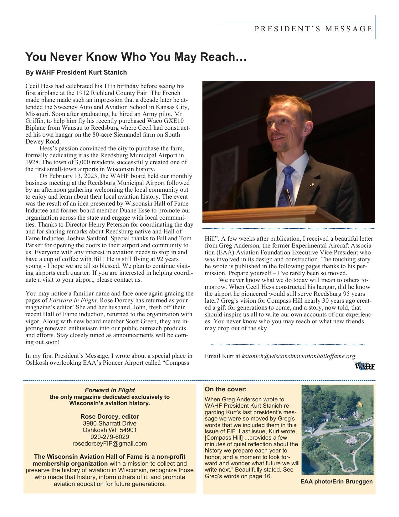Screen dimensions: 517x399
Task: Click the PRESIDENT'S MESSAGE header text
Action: pos(313,29)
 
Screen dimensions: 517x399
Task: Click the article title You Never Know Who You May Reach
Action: pos(136,57)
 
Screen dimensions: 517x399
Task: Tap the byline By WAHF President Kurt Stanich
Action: pos(76,73)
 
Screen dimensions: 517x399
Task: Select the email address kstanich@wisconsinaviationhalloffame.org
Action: pos(299,356)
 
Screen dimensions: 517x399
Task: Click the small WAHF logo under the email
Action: pos(365,366)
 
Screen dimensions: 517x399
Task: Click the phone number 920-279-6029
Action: pos(110,437)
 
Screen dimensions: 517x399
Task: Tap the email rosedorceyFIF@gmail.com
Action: pos(110,443)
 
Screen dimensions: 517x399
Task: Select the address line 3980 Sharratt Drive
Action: pos(110,423)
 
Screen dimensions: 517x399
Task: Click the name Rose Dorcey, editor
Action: pos(110,416)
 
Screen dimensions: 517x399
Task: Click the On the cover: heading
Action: pos(226,389)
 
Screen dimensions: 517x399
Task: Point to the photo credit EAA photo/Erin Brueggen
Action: pos(336,481)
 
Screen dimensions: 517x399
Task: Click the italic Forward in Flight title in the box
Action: pos(110,390)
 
